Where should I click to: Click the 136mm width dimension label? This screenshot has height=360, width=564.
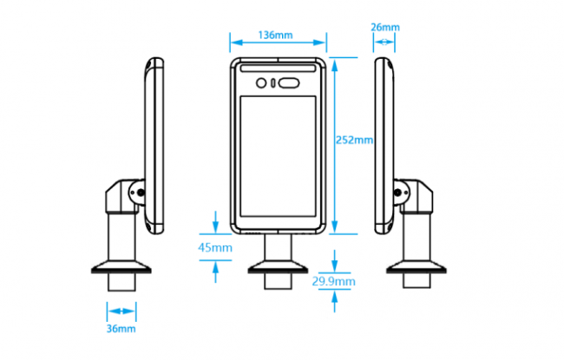(276, 35)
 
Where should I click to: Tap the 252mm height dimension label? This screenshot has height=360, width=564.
(354, 140)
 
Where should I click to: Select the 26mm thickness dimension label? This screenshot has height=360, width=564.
(385, 27)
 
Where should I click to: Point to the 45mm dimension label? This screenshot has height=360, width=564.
(215, 247)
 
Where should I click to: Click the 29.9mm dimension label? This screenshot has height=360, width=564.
(334, 281)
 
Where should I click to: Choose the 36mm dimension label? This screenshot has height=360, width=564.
(121, 329)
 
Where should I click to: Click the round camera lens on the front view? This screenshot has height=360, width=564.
(261, 83)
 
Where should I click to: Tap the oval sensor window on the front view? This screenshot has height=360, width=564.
(289, 83)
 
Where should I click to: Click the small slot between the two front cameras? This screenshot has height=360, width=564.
(272, 83)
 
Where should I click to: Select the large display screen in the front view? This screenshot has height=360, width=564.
(278, 156)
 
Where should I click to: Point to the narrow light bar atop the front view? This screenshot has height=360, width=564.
(278, 69)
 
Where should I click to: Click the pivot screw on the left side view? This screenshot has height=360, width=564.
(141, 193)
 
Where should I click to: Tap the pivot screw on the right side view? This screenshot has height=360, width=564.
(397, 193)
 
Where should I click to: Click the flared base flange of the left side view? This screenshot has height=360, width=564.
(121, 267)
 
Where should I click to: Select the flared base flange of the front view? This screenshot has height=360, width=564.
(278, 267)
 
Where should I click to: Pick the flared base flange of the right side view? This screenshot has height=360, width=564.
(416, 267)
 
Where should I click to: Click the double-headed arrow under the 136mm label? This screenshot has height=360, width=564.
(278, 43)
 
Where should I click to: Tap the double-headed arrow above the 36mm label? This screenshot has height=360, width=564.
(121, 311)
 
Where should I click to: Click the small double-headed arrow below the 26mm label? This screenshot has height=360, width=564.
(384, 43)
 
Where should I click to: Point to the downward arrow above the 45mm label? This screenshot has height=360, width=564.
(215, 222)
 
